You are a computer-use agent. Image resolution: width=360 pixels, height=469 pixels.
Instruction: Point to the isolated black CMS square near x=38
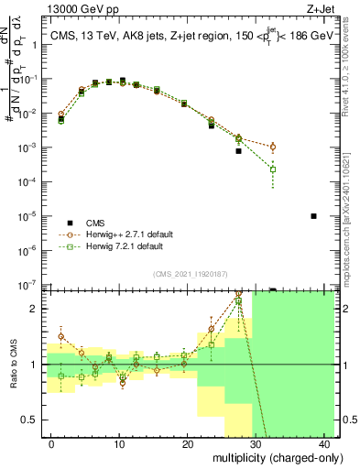313,216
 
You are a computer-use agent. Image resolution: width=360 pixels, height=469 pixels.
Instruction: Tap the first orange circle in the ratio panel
61,336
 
